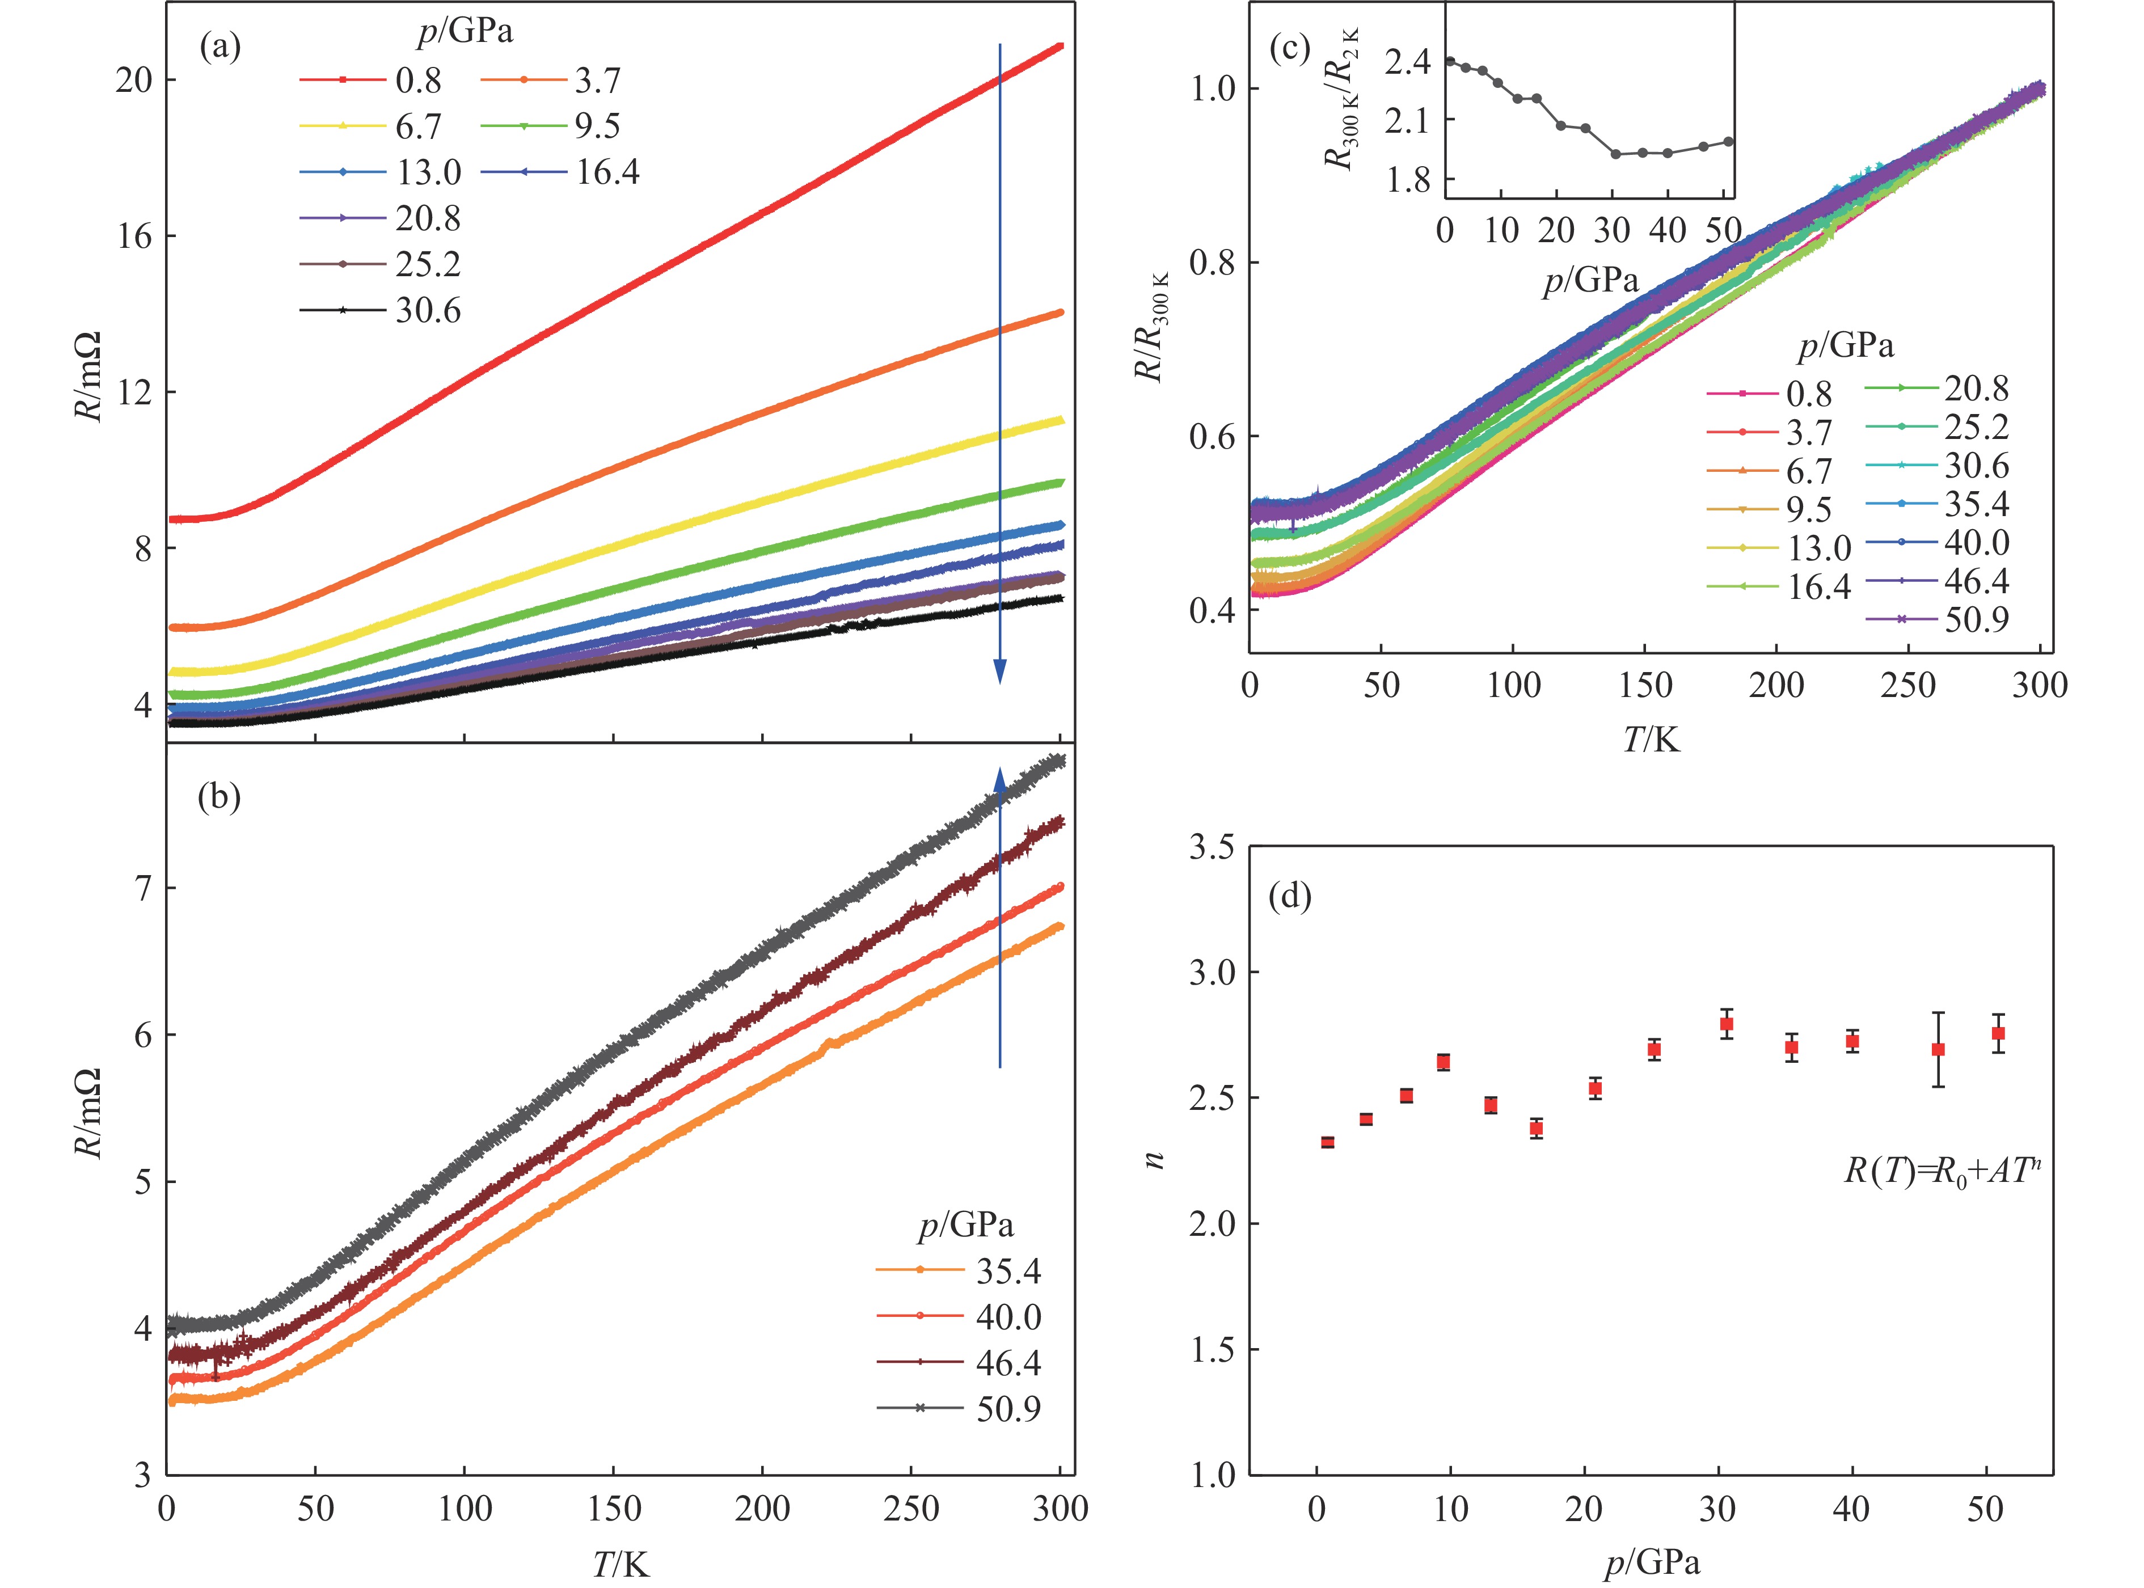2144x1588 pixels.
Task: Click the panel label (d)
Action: [x=1291, y=897]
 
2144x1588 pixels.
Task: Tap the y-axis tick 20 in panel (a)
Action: [x=134, y=81]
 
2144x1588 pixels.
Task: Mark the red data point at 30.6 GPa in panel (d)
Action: [x=1727, y=1024]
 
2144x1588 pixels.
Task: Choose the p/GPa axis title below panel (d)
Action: [x=1652, y=1563]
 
